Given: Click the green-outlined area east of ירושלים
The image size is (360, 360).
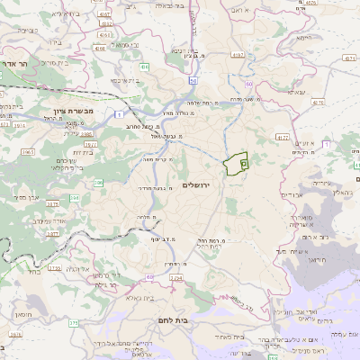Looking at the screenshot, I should [236, 163].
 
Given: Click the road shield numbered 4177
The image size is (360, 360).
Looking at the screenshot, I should [283, 138].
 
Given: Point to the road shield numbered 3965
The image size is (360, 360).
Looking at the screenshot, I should [28, 153].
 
